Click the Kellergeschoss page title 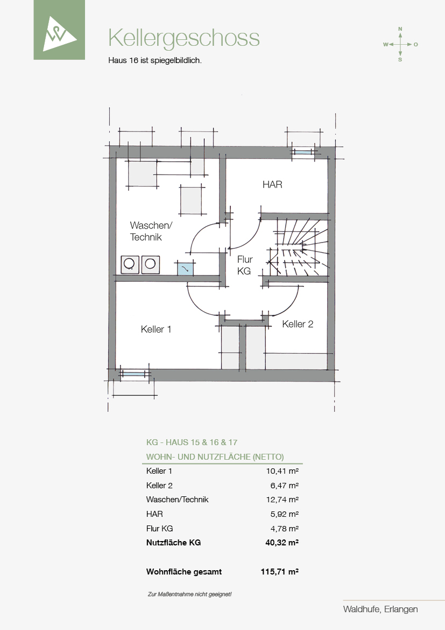[x=184, y=39]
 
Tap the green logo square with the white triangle [x=59, y=30]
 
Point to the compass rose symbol [x=400, y=44]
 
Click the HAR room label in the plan [x=272, y=184]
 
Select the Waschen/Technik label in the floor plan [x=151, y=231]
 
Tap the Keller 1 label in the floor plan [x=156, y=329]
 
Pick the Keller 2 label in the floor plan [x=298, y=324]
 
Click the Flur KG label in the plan [x=244, y=265]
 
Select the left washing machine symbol [x=130, y=265]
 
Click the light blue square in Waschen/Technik [x=186, y=268]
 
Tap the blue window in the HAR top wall [x=303, y=153]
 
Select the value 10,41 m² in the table [x=282, y=471]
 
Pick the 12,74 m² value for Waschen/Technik [x=282, y=500]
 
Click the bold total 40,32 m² [x=281, y=542]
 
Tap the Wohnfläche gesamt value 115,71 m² [x=279, y=571]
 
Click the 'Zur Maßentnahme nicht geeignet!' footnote [x=189, y=594]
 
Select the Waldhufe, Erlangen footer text [x=380, y=609]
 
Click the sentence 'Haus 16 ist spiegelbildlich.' [x=155, y=61]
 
